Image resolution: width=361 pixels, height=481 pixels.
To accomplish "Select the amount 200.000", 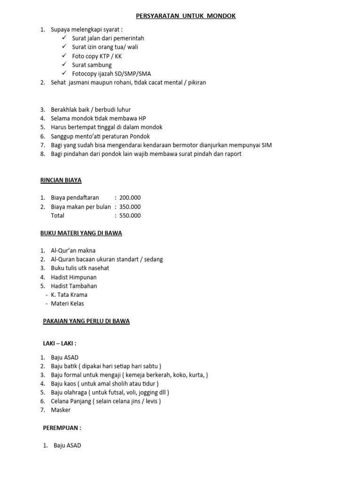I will (x=130, y=198).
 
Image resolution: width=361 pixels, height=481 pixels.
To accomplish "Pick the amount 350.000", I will (x=130, y=207).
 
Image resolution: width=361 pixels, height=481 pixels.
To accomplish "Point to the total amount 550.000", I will (x=130, y=216).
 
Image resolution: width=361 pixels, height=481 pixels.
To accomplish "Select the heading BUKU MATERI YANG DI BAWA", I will (x=81, y=233).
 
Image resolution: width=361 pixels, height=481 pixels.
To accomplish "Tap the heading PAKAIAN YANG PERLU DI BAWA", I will (x=86, y=321).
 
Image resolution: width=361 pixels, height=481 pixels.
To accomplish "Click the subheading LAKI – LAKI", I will (x=59, y=343).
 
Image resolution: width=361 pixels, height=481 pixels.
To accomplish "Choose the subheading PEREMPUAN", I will (x=62, y=428).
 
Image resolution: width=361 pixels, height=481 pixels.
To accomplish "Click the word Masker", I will (x=61, y=410).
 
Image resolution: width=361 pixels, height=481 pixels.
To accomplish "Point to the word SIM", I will (x=266, y=145).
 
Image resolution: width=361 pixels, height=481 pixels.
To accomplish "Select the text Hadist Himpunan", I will (x=74, y=277).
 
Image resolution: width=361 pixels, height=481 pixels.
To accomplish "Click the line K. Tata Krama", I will (x=69, y=295).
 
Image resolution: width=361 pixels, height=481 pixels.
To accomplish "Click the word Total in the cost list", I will (x=58, y=216).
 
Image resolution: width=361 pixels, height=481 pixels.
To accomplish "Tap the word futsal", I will (x=115, y=392).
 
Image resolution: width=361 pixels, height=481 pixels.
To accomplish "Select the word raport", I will (x=231, y=154).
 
